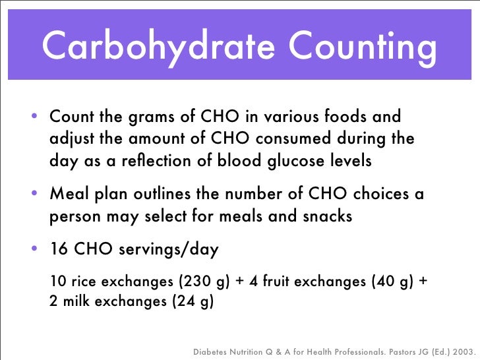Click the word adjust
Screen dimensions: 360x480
[x=70, y=140]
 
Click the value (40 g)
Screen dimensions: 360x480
[x=390, y=282]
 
